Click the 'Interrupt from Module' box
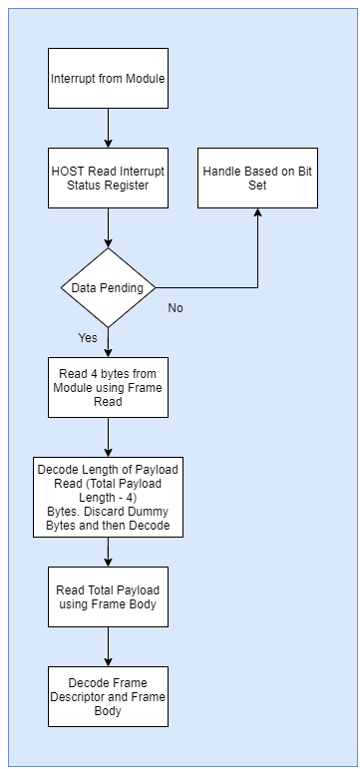(x=108, y=78)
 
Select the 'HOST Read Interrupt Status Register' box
(x=108, y=178)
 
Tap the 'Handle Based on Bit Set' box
(x=258, y=178)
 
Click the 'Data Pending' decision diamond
(x=108, y=287)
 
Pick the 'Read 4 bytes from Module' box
(x=108, y=386)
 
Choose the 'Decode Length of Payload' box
(x=108, y=497)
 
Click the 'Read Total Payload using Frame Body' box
(x=108, y=596)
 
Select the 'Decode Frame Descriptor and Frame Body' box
(x=108, y=696)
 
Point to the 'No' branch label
(x=176, y=308)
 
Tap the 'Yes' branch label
(x=88, y=337)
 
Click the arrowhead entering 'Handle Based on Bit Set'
(x=258, y=214)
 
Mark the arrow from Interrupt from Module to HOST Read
(x=108, y=128)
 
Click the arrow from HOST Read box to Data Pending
(x=108, y=227)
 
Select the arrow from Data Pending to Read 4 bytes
(x=108, y=342)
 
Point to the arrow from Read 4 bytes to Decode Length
(x=108, y=437)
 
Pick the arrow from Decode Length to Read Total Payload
(x=108, y=552)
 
